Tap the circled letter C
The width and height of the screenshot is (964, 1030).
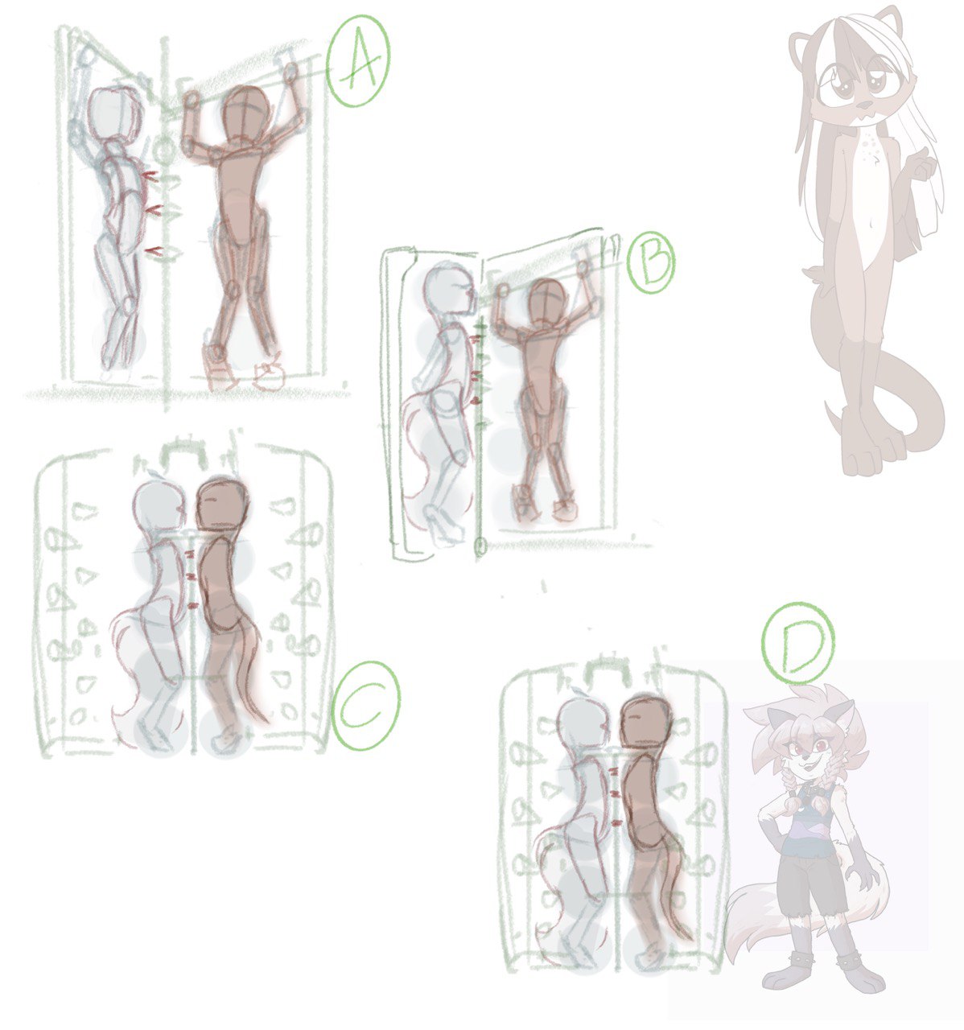coord(365,705)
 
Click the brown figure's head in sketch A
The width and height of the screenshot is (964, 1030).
coord(246,117)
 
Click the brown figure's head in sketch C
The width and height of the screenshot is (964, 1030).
coord(220,505)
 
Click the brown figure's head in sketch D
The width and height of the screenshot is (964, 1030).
coord(645,722)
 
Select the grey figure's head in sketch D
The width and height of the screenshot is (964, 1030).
coord(582,723)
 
